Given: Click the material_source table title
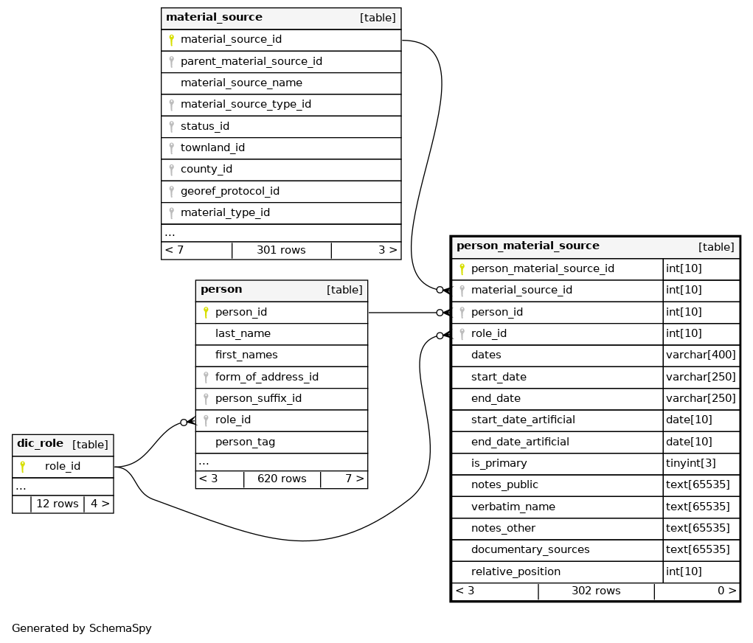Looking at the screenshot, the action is click(x=214, y=17).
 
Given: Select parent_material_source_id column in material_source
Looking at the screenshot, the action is click(x=251, y=61).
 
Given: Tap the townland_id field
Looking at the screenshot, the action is click(x=212, y=147).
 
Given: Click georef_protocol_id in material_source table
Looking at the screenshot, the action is click(x=230, y=191).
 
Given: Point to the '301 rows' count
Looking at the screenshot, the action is click(x=281, y=250).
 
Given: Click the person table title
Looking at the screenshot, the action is click(x=221, y=290).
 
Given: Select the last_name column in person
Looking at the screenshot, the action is click(x=243, y=333).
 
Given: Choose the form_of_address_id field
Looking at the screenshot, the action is click(x=267, y=377).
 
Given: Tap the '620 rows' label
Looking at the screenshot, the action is click(x=282, y=479).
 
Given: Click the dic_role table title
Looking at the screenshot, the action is click(x=40, y=443).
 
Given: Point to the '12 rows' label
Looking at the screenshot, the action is click(x=57, y=504).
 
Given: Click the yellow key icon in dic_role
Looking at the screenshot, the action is click(x=23, y=466).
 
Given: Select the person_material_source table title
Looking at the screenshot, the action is click(x=528, y=246).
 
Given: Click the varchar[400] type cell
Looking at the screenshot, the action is click(x=701, y=355).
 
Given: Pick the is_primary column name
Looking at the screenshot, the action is click(x=499, y=463).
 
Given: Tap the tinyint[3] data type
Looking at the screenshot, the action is click(x=690, y=463).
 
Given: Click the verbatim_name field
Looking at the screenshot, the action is click(x=513, y=507).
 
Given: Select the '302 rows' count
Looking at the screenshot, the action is click(x=596, y=591).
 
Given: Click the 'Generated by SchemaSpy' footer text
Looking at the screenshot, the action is click(x=82, y=628).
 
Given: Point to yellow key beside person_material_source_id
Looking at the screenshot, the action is click(x=462, y=269).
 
